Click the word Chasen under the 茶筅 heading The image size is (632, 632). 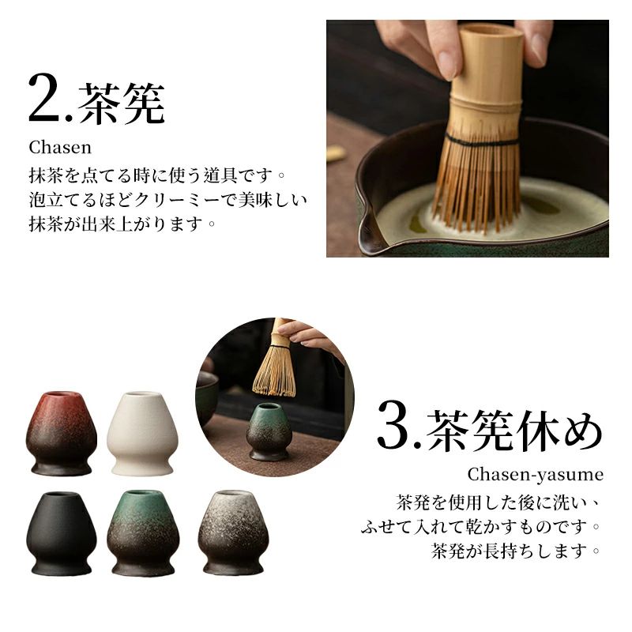coord(60,148)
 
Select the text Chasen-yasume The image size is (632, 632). coord(536,475)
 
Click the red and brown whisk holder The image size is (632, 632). coord(62,433)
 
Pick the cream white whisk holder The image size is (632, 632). coord(142,433)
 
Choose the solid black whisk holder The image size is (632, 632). coord(62,532)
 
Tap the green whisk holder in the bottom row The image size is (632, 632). coord(142,532)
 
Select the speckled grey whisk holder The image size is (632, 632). coord(233,532)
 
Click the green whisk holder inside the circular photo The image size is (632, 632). coord(269,431)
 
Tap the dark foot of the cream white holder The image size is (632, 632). coord(142,468)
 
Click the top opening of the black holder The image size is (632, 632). coord(62,495)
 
